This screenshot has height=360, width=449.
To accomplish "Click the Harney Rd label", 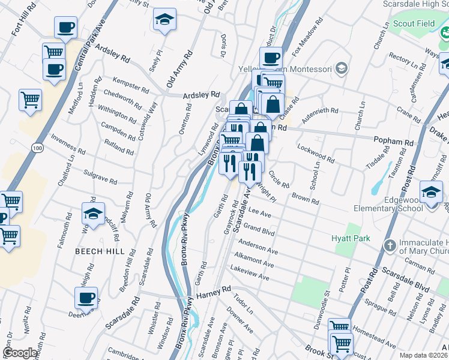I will tap(214, 290).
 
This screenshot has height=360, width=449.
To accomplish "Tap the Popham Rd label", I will tap(394, 142).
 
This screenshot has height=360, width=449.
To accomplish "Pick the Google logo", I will tap(20, 353).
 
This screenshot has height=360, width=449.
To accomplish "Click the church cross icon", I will tap(390, 245).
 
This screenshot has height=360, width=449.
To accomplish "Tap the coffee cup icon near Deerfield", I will tap(86, 296).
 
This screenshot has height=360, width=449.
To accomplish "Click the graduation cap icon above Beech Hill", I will tap(93, 213).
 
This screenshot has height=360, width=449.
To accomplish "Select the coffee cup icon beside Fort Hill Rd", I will tap(65, 26).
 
